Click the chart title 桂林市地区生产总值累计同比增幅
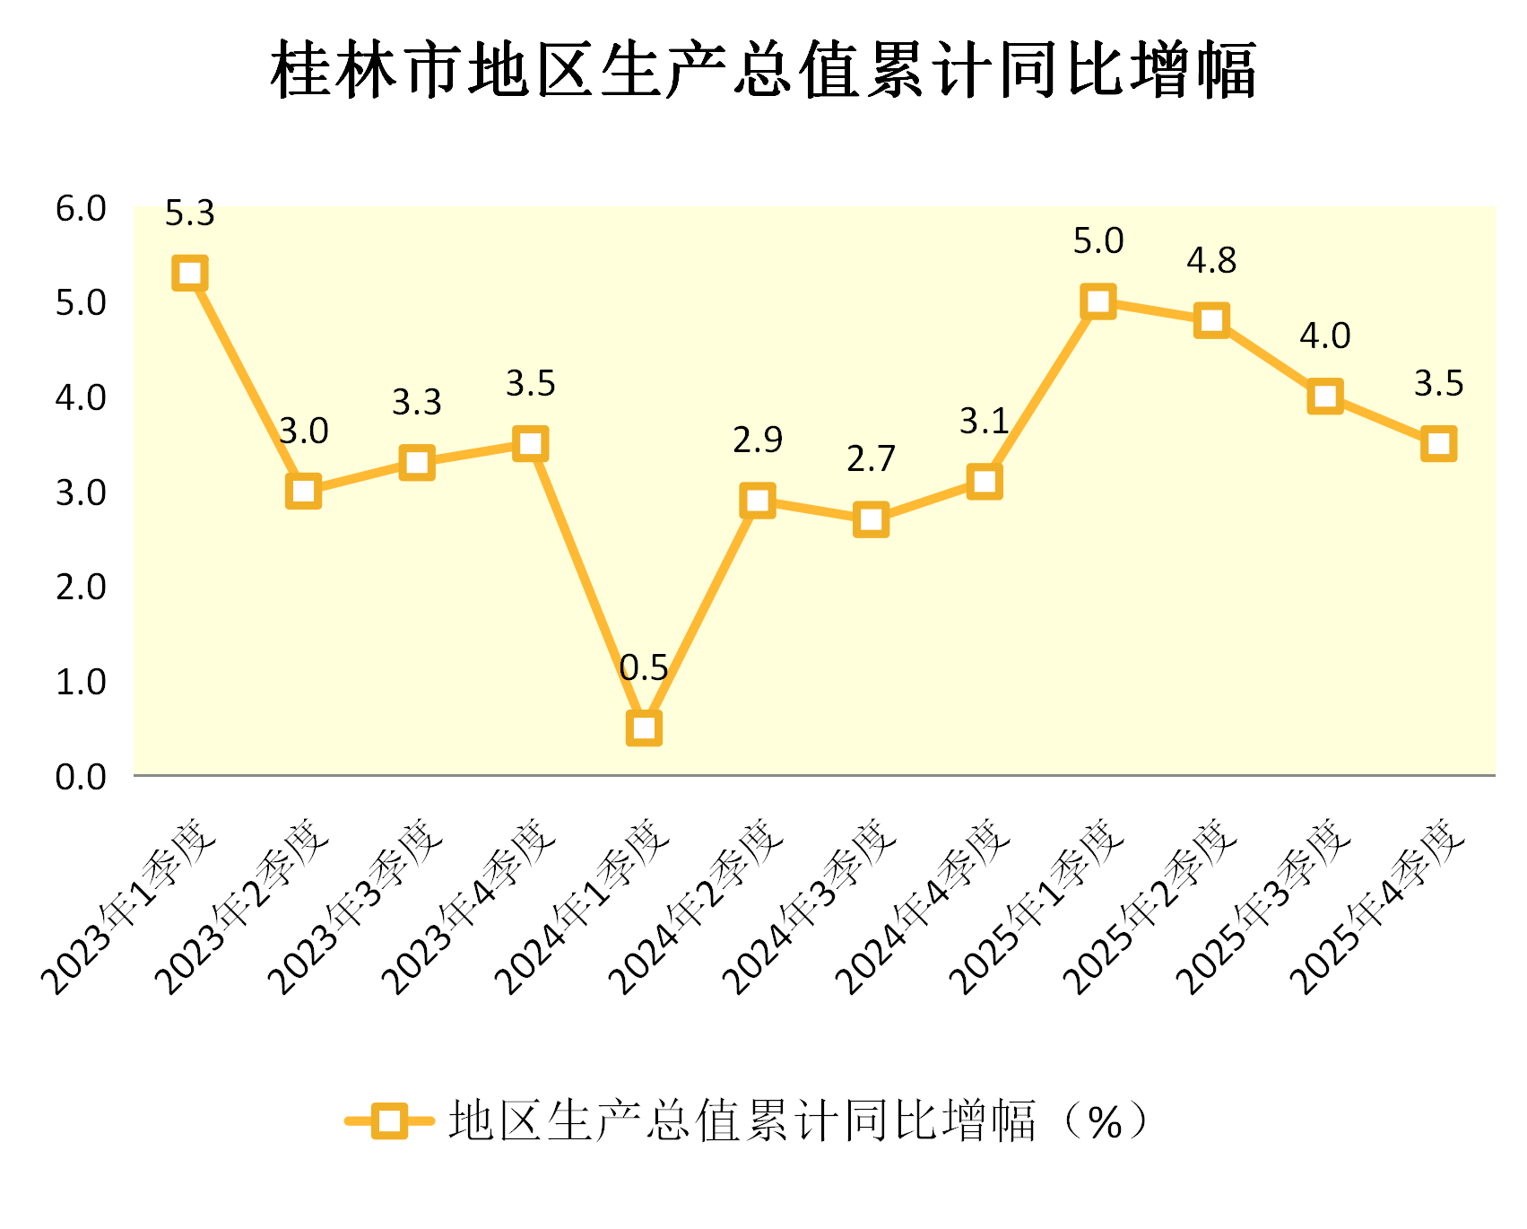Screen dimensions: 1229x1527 click(763, 70)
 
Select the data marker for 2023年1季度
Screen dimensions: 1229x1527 click(190, 273)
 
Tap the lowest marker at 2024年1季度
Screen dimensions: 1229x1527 click(644, 728)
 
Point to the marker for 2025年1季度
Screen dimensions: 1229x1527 click(1098, 301)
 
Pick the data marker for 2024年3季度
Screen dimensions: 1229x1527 click(871, 519)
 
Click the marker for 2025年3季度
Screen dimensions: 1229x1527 click(1325, 396)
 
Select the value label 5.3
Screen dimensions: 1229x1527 click(190, 214)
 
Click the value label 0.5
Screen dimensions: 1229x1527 click(644, 668)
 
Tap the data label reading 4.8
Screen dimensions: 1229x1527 click(1211, 261)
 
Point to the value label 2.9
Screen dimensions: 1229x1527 click(758, 440)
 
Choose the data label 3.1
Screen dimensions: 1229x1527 click(985, 421)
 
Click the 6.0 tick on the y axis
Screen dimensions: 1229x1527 click(81, 209)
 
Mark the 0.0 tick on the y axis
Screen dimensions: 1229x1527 click(81, 777)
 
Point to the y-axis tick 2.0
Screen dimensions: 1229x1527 click(81, 588)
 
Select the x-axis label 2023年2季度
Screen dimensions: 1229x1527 click(242, 906)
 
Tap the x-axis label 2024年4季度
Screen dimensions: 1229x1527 click(924, 906)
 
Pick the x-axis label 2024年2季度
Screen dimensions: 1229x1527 click(697, 906)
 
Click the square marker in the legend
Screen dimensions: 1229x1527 click(389, 1120)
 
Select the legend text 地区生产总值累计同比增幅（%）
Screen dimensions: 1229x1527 click(798, 1120)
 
